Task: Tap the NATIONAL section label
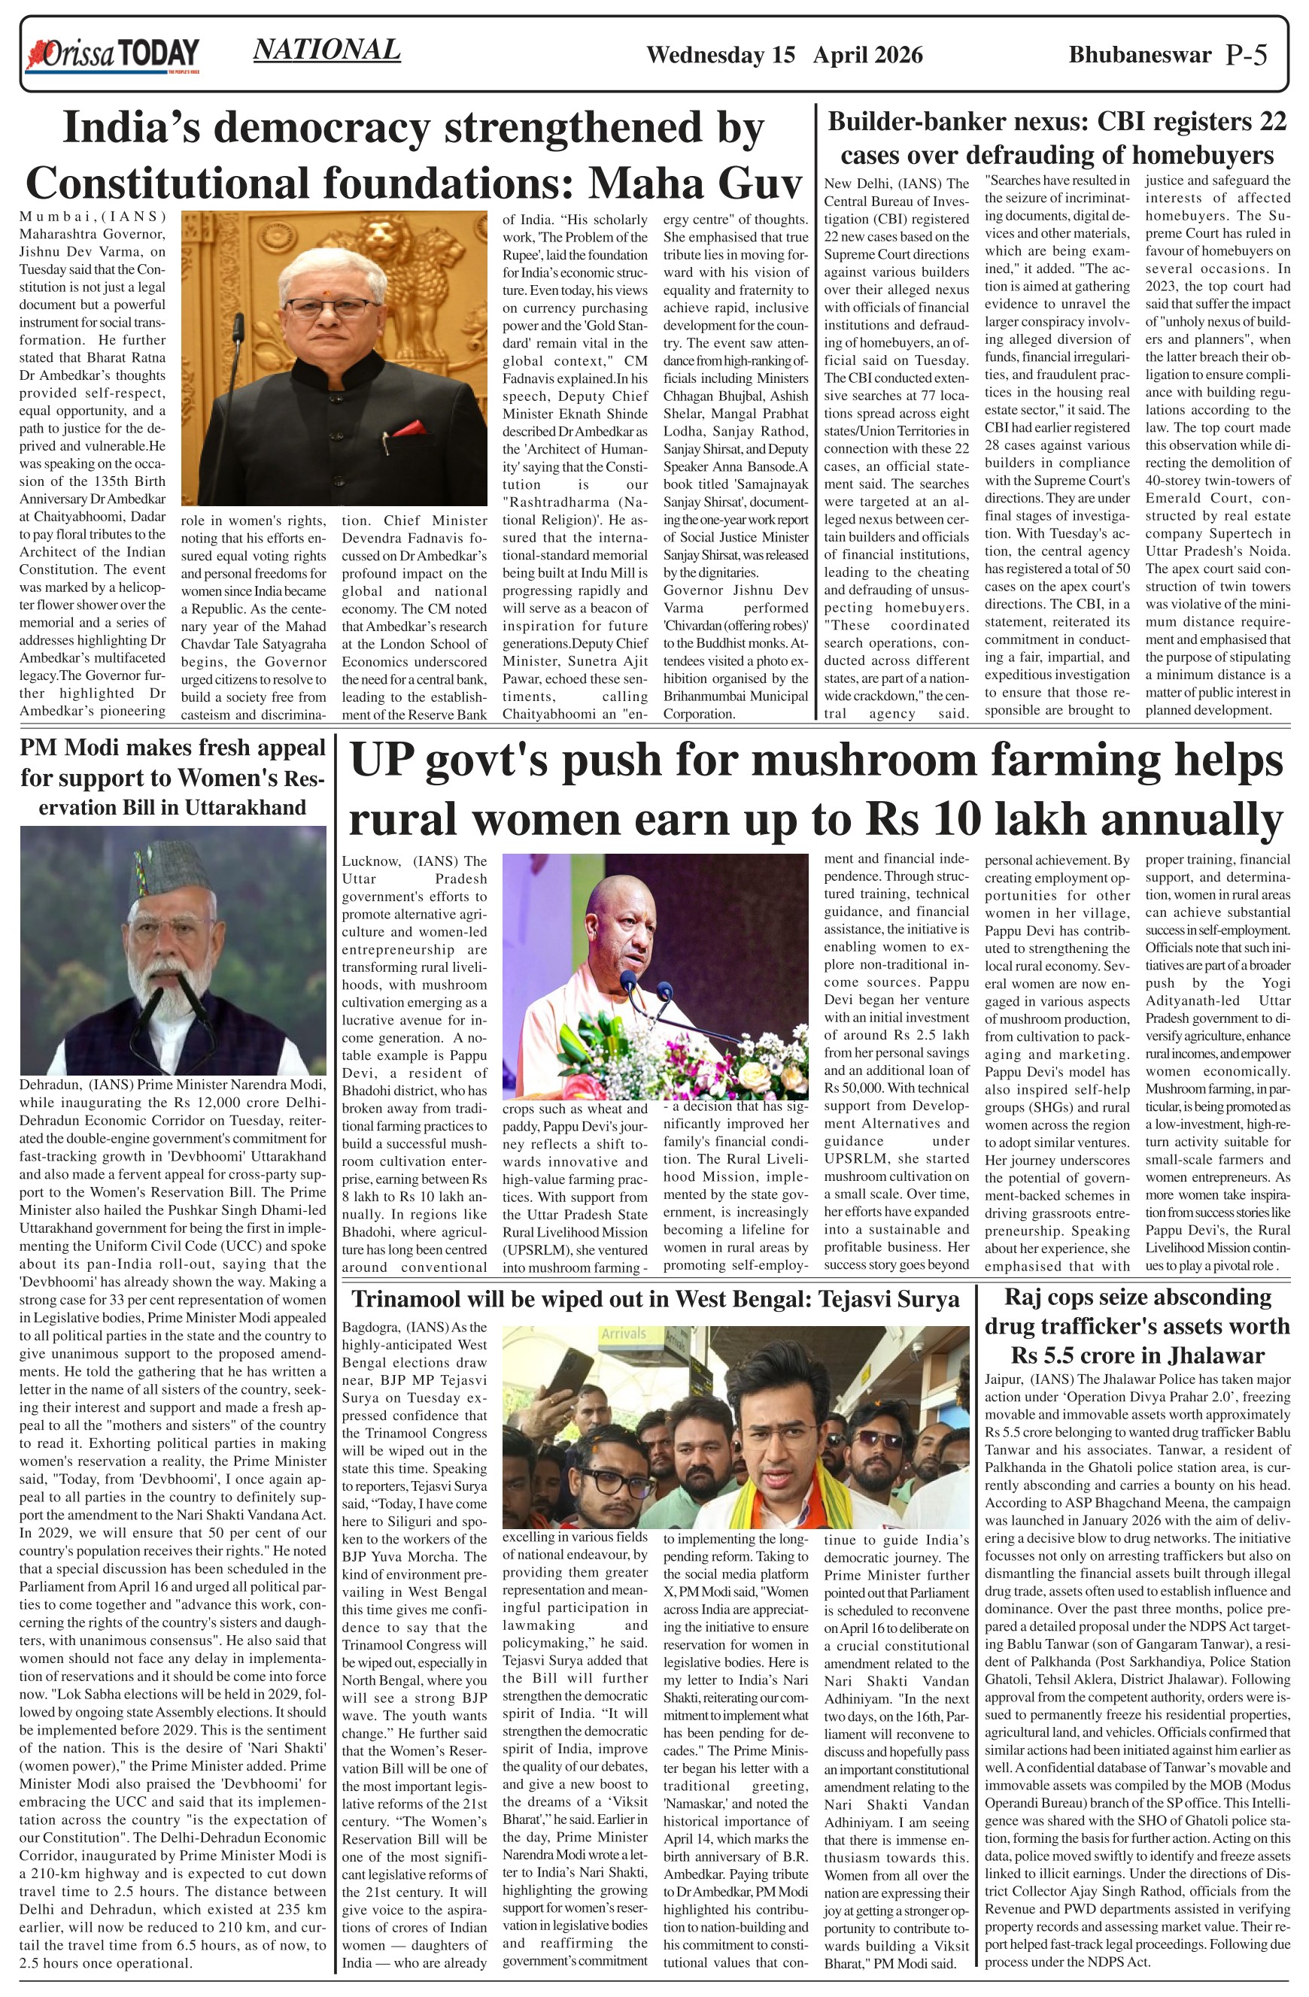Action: click(x=326, y=50)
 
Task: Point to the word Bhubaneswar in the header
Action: click(x=1140, y=56)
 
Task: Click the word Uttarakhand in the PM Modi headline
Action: click(x=244, y=807)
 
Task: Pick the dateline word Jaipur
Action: click(x=1004, y=1379)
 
